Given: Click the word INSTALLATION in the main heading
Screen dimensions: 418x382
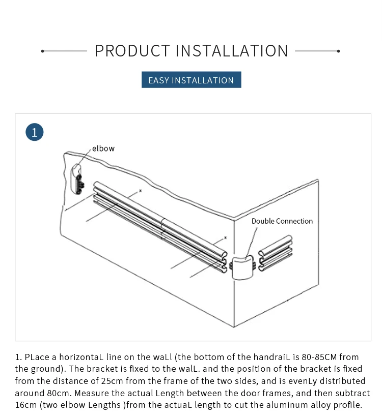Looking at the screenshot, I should pyautogui.click(x=232, y=51).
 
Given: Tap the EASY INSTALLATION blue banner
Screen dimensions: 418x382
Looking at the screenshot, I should pyautogui.click(x=191, y=80).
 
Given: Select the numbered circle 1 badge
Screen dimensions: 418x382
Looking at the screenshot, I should pyautogui.click(x=35, y=132).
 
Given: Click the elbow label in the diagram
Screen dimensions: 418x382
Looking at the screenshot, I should pyautogui.click(x=103, y=148).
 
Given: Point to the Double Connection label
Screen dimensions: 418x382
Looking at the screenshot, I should pyautogui.click(x=282, y=221).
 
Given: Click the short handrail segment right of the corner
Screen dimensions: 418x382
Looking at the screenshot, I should pyautogui.click(x=276, y=252).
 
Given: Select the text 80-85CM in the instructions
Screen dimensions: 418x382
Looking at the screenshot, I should pyautogui.click(x=316, y=357).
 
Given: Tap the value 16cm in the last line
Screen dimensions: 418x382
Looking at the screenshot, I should pyautogui.click(x=24, y=405).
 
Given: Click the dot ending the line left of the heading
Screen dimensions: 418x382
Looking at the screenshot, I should pyautogui.click(x=43, y=51).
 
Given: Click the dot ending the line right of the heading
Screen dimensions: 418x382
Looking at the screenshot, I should pyautogui.click(x=339, y=51).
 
